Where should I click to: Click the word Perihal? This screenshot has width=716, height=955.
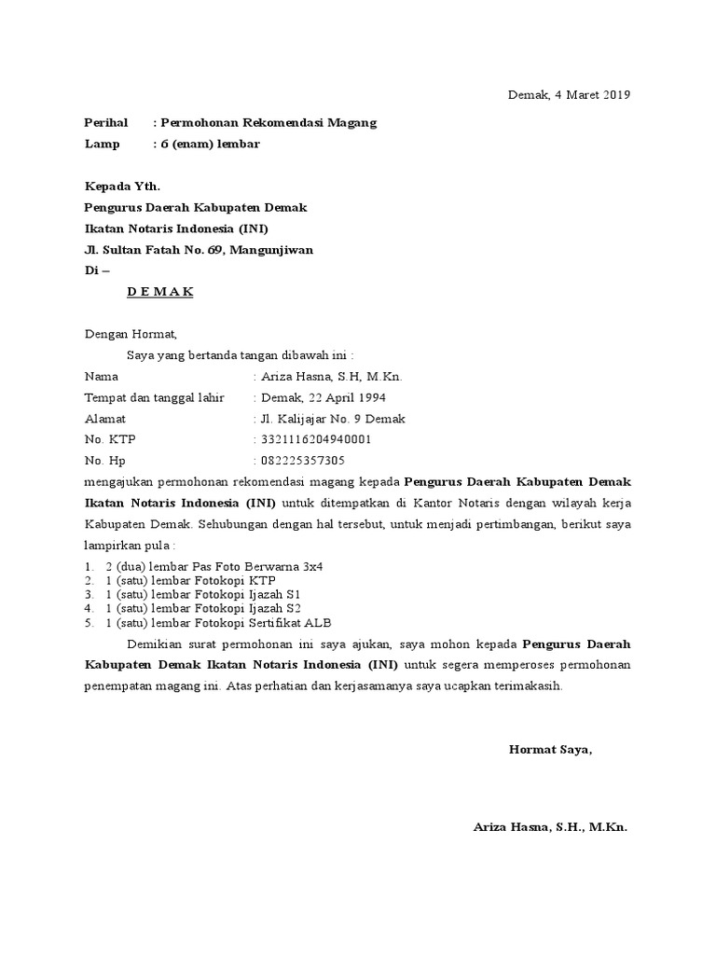tap(106, 123)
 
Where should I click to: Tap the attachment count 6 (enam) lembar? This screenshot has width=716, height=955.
tap(210, 144)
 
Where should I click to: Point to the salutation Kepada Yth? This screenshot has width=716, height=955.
tap(116, 187)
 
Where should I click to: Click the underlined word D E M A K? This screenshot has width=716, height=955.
tap(160, 291)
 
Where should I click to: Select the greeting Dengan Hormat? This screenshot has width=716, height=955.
tap(130, 333)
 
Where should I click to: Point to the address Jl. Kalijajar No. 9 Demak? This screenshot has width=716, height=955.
tap(332, 419)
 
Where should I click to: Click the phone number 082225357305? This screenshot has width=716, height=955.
tap(302, 461)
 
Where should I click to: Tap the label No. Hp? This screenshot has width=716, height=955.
tap(104, 461)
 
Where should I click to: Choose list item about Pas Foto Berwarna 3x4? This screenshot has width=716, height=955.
tap(214, 567)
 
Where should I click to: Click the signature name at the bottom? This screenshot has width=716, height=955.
tap(551, 827)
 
